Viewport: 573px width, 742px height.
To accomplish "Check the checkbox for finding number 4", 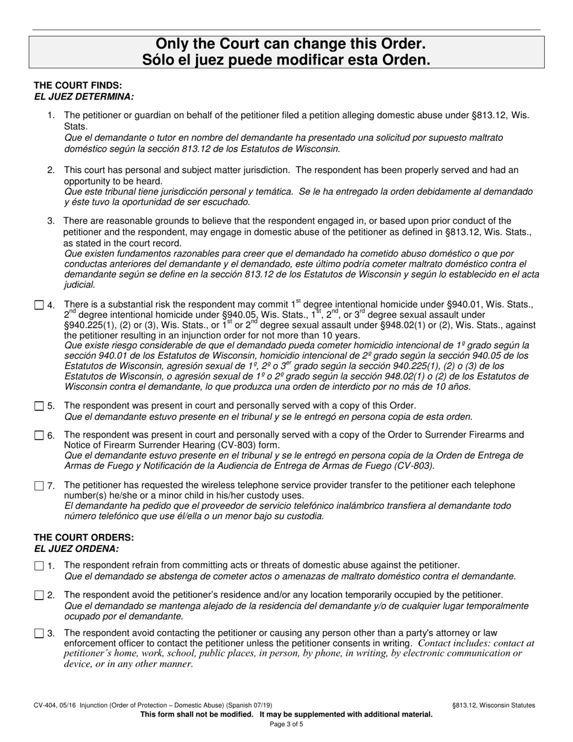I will tap(39, 305).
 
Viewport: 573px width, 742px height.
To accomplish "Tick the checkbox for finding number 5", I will tap(39, 406).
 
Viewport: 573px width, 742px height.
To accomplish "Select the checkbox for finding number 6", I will tap(39, 436).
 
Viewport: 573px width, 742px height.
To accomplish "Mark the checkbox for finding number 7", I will tap(39, 486).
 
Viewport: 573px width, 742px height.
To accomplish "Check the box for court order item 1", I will tap(39, 566).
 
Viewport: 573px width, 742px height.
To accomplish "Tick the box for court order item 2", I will tap(39, 595).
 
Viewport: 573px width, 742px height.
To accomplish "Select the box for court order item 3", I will tap(39, 633).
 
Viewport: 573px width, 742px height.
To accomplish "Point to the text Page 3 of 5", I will tap(286, 724).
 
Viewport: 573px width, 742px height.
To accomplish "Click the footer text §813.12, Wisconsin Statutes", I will tap(493, 705).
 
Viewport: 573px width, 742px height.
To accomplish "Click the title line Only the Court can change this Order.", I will tap(286, 44).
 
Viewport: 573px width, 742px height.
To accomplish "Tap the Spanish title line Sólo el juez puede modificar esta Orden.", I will tap(286, 60).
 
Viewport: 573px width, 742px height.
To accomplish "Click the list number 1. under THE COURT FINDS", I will tap(51, 115).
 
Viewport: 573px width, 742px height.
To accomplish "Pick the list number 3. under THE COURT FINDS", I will tap(51, 221).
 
